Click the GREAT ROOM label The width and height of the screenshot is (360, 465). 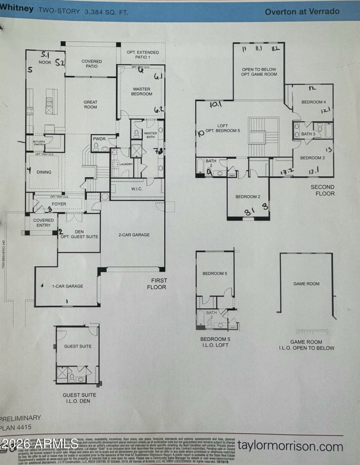pyautogui.click(x=90, y=105)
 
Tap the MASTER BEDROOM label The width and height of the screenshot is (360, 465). pyautogui.click(x=142, y=92)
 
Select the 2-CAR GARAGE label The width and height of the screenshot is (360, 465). pyautogui.click(x=134, y=235)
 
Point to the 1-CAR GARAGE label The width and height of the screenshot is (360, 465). pyautogui.click(x=68, y=286)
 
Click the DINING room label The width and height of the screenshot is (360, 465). pyautogui.click(x=44, y=172)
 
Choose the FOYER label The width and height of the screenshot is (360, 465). pyautogui.click(x=59, y=204)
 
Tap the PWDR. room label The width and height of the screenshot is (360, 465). pyautogui.click(x=99, y=139)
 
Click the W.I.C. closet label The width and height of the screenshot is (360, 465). pyautogui.click(x=137, y=189)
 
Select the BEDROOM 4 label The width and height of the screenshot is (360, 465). pyautogui.click(x=313, y=102)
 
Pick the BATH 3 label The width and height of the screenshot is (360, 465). pyautogui.click(x=308, y=134)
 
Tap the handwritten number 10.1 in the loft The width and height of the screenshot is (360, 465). pyautogui.click(x=216, y=105)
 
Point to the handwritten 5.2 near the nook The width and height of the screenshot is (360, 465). pyautogui.click(x=60, y=63)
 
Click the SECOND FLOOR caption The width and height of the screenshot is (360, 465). pyautogui.click(x=323, y=190)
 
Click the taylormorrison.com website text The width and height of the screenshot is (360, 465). pyautogui.click(x=290, y=447)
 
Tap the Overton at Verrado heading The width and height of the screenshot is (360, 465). pyautogui.click(x=302, y=11)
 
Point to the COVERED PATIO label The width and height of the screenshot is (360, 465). pyautogui.click(x=91, y=64)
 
